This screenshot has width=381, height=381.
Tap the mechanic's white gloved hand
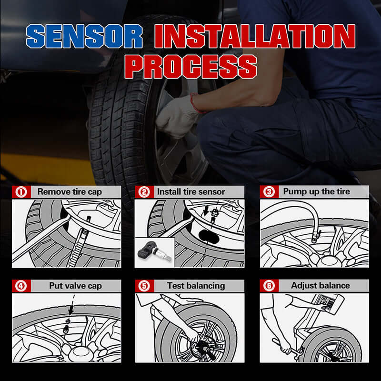(x=177, y=117)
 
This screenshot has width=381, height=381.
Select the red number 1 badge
(x=20, y=192)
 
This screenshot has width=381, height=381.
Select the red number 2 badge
(x=143, y=192)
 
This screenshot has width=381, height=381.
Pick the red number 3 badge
(x=270, y=192)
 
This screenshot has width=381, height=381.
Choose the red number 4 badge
(x=20, y=286)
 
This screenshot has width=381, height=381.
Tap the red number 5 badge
(x=143, y=286)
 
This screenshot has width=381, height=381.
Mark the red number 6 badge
(x=270, y=286)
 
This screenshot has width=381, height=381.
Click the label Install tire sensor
(x=191, y=192)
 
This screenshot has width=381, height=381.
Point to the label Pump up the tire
(x=316, y=192)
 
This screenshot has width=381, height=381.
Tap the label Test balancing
(x=195, y=286)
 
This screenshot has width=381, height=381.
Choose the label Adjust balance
(x=320, y=286)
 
